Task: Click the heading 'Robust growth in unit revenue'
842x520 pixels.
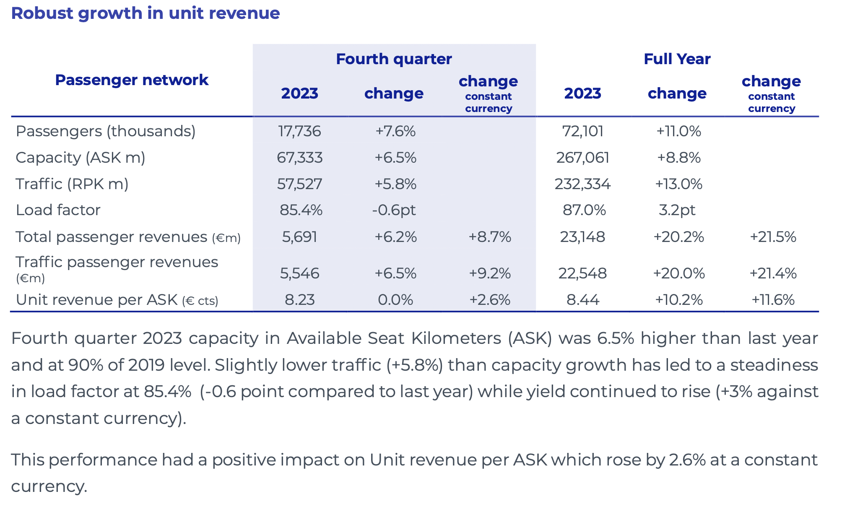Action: [x=145, y=13]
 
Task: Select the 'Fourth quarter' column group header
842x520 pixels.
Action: [x=394, y=59]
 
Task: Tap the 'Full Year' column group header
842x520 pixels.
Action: [x=677, y=59]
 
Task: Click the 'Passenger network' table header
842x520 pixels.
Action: [x=131, y=80]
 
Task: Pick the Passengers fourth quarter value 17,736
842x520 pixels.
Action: [x=299, y=131]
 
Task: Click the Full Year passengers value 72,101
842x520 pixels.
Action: [x=582, y=131]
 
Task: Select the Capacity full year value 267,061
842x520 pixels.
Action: [x=582, y=158]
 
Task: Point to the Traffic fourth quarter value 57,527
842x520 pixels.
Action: [x=299, y=184]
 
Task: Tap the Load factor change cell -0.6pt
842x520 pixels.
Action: [x=394, y=210]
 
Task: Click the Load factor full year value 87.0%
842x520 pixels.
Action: [x=584, y=210]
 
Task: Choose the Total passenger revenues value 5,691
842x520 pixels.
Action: [x=299, y=237]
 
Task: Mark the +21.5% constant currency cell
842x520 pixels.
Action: [x=772, y=237]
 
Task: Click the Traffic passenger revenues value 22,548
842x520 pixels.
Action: [x=582, y=273]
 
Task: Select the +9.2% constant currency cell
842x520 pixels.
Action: [x=489, y=273]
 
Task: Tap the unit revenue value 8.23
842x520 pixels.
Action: [x=299, y=300]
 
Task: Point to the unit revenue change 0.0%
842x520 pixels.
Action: [x=395, y=300]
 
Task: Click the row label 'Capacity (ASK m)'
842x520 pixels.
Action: [x=80, y=158]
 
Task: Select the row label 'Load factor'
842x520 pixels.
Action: [x=58, y=210]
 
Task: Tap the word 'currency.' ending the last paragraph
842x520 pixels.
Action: [x=49, y=486]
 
